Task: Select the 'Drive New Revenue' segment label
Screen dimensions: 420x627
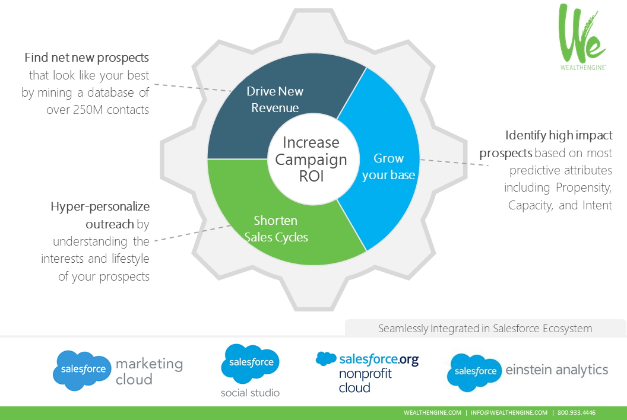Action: (x=275, y=100)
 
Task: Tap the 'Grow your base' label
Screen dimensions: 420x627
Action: (x=388, y=167)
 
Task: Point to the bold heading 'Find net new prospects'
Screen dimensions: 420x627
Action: (x=87, y=58)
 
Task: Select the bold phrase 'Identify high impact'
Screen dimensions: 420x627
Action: (x=559, y=135)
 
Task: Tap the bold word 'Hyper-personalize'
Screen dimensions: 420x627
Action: (x=100, y=206)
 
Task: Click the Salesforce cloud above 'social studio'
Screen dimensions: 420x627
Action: (x=250, y=362)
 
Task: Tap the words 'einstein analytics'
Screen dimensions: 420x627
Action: (x=557, y=370)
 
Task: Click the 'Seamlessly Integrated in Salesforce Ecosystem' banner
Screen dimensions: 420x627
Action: (x=485, y=328)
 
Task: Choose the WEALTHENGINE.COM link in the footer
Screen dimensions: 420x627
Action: (x=432, y=413)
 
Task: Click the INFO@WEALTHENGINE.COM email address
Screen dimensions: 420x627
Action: (x=509, y=413)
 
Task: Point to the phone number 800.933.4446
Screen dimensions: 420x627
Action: (x=577, y=413)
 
